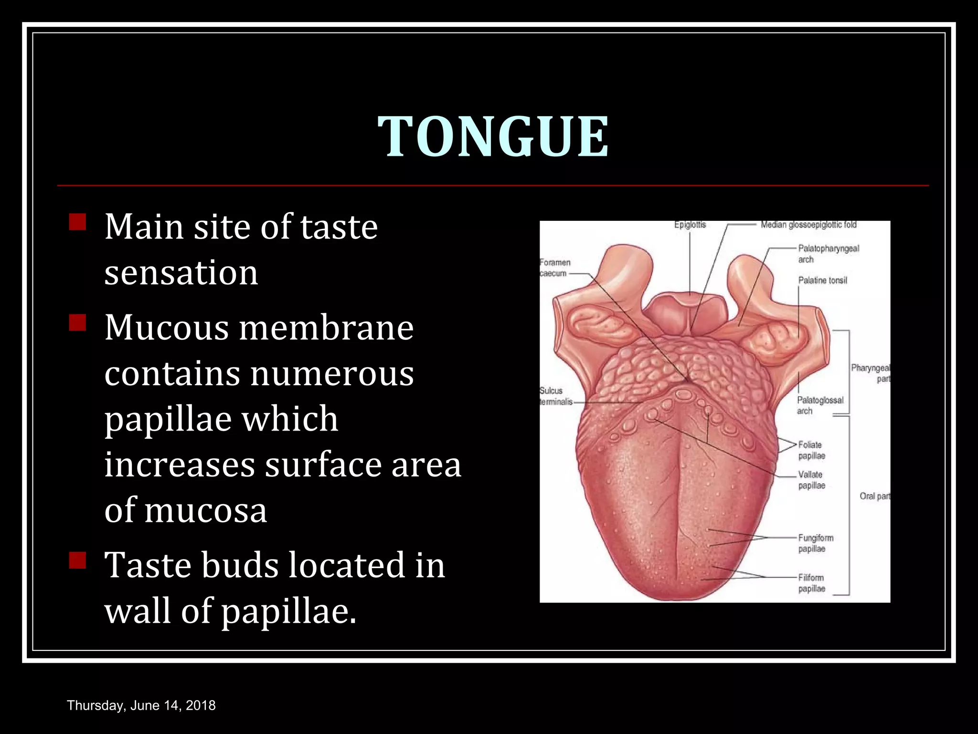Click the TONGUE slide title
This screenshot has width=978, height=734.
tap(493, 137)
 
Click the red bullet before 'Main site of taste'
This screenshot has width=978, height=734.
tap(77, 222)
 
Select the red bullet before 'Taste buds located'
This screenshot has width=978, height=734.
tap(77, 560)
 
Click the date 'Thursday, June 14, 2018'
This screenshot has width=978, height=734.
tap(141, 705)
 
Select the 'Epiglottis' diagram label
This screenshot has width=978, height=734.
tap(690, 225)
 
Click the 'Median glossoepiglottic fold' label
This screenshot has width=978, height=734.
tap(808, 225)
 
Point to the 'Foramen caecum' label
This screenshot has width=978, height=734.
tap(554, 268)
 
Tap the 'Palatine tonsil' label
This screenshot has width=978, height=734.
tap(822, 281)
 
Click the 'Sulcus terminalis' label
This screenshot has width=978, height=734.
tap(555, 396)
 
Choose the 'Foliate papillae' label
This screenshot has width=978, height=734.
tap(811, 450)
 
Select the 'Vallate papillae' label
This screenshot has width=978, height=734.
tap(811, 480)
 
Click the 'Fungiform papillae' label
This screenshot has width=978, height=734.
tap(816, 543)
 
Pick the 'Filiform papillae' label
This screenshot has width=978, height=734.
tap(811, 583)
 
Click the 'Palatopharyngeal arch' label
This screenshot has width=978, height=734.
tap(828, 254)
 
